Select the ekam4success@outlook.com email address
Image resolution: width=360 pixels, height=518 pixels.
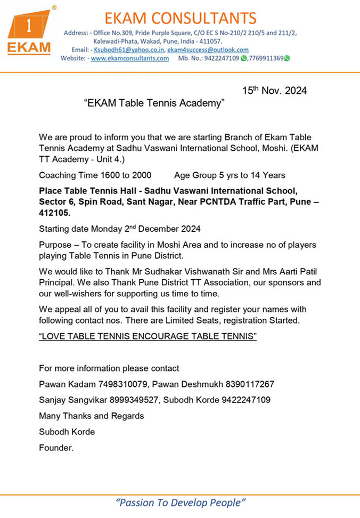[x=208, y=50]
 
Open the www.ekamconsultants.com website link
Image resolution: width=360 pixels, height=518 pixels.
[x=130, y=58]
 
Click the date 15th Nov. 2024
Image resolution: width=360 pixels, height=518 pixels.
[x=274, y=91]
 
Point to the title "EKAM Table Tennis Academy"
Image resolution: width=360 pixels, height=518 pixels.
[x=154, y=103]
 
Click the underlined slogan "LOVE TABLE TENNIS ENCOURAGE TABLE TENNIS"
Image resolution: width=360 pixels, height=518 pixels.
[x=148, y=337]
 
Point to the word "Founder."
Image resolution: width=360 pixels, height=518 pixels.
[x=56, y=448]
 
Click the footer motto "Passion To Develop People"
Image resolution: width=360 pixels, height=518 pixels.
[x=181, y=503]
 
